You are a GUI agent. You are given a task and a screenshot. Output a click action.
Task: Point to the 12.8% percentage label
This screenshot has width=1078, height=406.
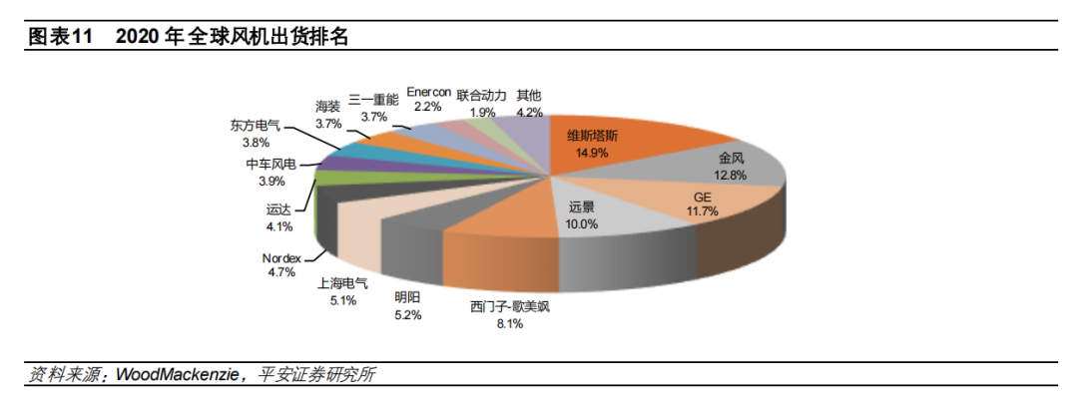click(x=732, y=175)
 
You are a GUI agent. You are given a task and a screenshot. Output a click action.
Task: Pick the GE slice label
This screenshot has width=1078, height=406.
click(x=703, y=197)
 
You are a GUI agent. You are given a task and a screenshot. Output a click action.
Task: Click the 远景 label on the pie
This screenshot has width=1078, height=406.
click(x=582, y=207)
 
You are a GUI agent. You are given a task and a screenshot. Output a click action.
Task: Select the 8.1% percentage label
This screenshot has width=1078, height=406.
click(x=509, y=323)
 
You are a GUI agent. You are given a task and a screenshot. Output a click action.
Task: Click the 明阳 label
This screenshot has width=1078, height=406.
click(x=407, y=297)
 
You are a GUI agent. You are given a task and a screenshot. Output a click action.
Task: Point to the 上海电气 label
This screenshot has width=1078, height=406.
click(x=342, y=282)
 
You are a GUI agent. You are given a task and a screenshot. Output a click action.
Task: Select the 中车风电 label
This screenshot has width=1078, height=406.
click(x=271, y=165)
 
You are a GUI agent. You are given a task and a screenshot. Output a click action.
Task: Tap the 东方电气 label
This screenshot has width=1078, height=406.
click(x=256, y=127)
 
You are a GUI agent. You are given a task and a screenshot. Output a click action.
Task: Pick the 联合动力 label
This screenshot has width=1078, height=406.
click(x=482, y=96)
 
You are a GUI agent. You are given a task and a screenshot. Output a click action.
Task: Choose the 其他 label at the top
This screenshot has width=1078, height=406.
click(x=529, y=96)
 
